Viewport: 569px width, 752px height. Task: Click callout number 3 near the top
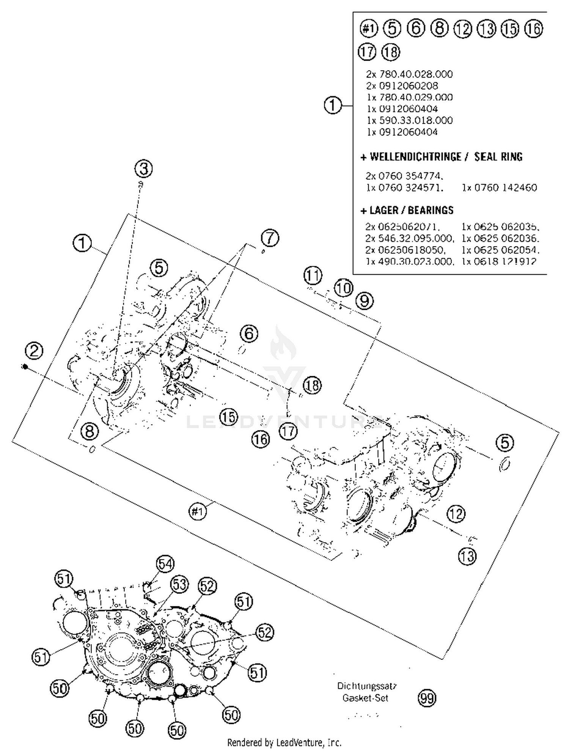click(x=144, y=168)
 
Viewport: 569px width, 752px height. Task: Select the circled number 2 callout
click(x=34, y=351)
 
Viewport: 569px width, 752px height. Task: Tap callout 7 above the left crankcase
click(x=270, y=238)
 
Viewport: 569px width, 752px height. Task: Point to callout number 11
click(x=313, y=276)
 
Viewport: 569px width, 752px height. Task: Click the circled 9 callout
click(x=365, y=301)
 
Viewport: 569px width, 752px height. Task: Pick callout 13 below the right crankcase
click(x=467, y=556)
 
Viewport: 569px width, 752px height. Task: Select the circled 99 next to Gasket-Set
click(x=427, y=698)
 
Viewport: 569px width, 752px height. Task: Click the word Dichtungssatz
click(x=367, y=686)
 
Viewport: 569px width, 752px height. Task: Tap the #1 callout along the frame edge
click(x=198, y=512)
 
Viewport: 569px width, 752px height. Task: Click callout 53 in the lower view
click(x=179, y=584)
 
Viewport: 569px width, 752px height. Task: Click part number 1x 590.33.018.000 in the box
click(x=410, y=121)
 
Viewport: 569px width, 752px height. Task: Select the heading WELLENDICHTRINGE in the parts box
click(x=415, y=157)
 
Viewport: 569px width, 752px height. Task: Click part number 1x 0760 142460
click(x=499, y=187)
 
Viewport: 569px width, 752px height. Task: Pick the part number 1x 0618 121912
click(x=499, y=261)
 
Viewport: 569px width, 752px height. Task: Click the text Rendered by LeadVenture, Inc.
click(x=284, y=743)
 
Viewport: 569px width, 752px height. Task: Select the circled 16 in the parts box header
click(x=534, y=28)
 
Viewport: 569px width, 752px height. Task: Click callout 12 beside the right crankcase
click(x=456, y=514)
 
